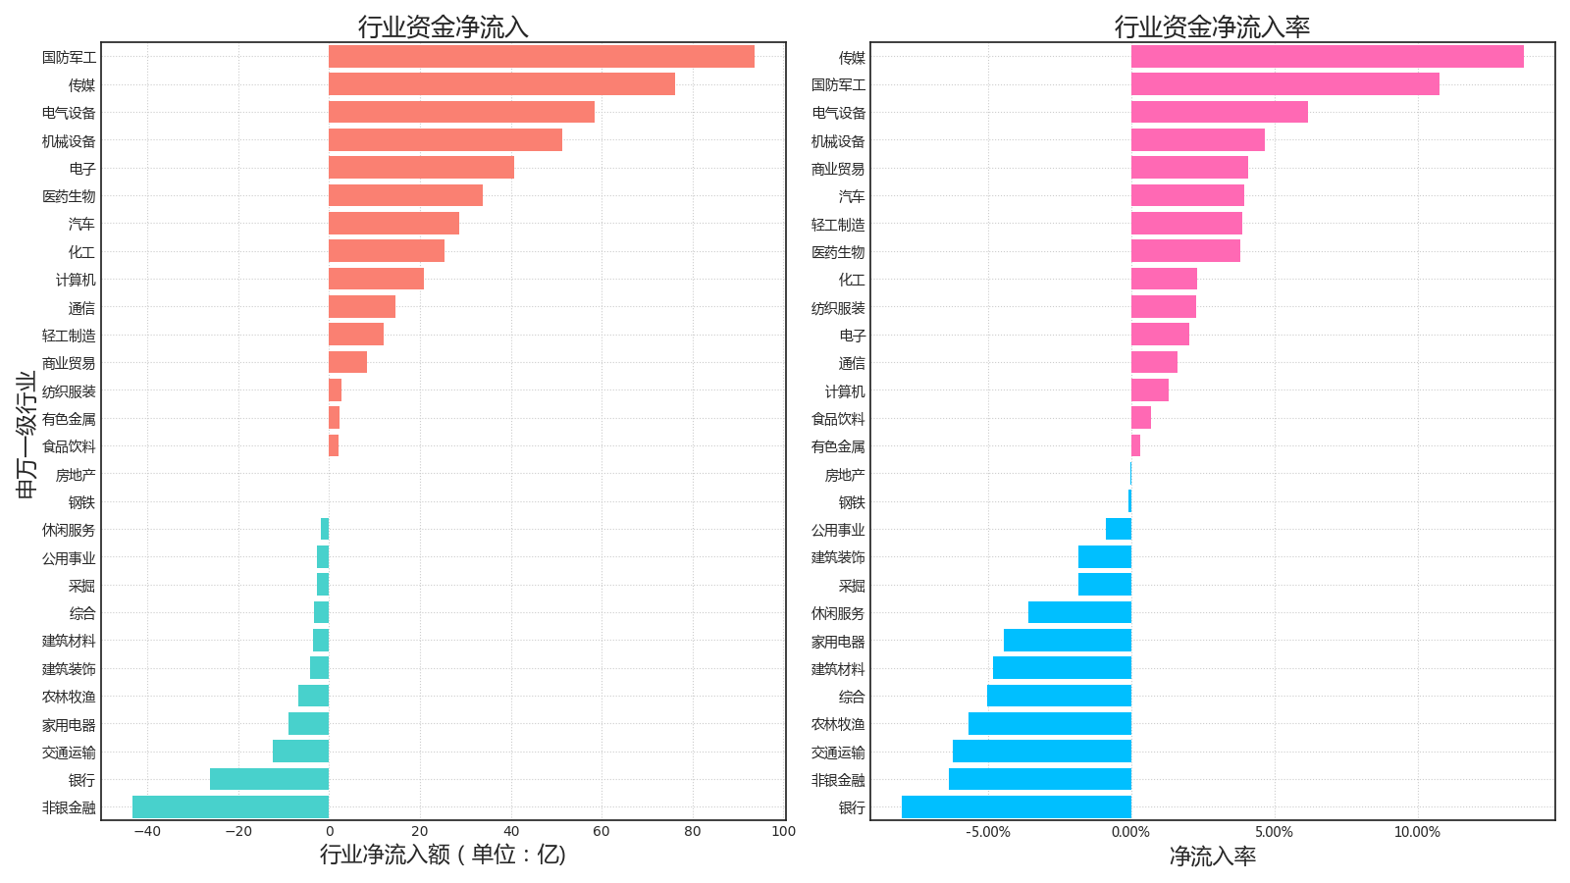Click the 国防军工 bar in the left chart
pos(541,57)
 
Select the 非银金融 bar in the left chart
pos(231,807)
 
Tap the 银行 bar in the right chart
pos(1016,807)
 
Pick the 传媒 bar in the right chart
pos(1327,57)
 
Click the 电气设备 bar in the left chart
pos(461,113)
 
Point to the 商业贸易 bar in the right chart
pos(1189,168)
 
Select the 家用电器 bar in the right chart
pos(1068,641)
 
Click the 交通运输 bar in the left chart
pos(300,752)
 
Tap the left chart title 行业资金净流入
pos(443,26)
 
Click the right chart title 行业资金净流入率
pos(1212,26)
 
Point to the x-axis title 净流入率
pos(1212,857)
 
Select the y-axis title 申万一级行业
pos(26,435)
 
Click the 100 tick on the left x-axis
pos(783,832)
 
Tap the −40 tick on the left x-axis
pos(146,832)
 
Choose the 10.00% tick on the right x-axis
pos(1417,832)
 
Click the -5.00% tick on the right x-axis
pos(987,832)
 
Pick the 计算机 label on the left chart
pos(76,280)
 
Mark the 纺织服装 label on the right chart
pos(838,308)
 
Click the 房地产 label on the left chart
pos(76,475)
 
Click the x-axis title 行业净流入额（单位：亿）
pos(443,855)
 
